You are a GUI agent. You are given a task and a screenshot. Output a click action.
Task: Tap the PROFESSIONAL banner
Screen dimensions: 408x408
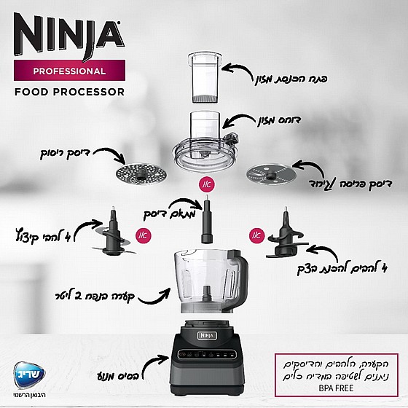tap(70, 71)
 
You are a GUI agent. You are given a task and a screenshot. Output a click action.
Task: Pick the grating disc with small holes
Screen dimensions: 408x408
tap(138, 175)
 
